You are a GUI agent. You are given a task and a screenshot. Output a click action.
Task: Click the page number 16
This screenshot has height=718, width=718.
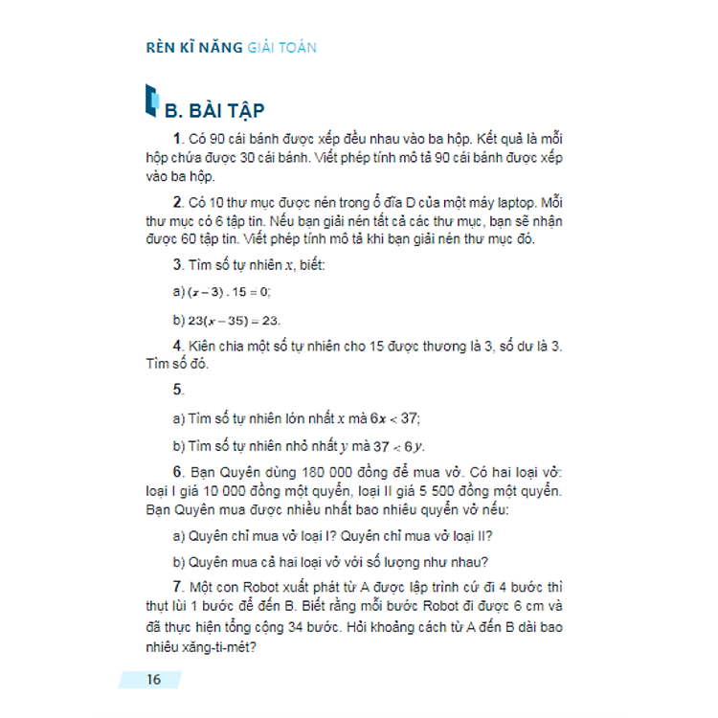tap(154, 680)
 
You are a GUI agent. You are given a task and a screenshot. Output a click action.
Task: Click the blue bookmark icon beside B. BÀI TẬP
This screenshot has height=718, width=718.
tap(149, 100)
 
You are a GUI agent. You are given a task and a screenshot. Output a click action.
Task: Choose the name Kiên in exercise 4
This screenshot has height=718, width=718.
tap(207, 347)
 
